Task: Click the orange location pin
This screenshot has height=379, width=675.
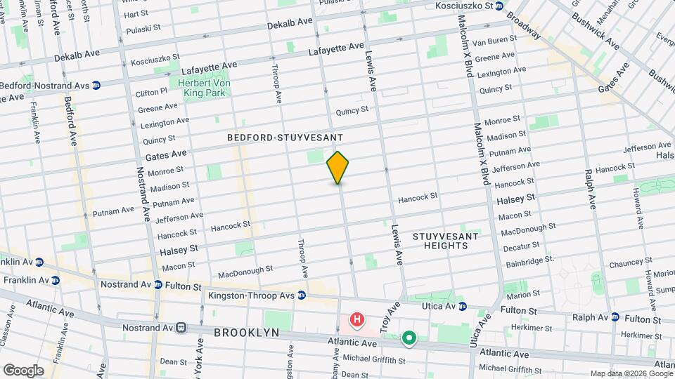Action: [337, 168]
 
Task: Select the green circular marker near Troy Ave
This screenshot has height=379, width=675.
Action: [409, 340]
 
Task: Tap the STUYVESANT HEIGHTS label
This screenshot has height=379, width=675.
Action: [445, 241]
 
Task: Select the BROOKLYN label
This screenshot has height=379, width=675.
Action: [247, 333]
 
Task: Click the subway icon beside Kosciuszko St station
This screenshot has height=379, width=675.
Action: [499, 6]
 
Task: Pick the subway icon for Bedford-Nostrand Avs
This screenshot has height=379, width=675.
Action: [96, 85]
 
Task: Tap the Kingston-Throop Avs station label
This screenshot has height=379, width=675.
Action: [251, 295]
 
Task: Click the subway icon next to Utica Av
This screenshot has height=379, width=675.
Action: [463, 306]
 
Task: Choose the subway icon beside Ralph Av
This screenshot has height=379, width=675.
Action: [615, 317]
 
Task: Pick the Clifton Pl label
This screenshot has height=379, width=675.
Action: [152, 91]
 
